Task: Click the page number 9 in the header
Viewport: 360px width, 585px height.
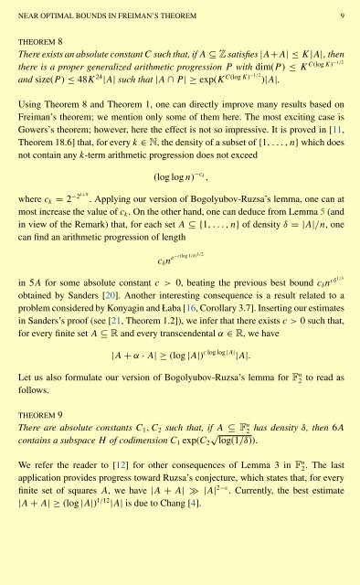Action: (340, 15)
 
